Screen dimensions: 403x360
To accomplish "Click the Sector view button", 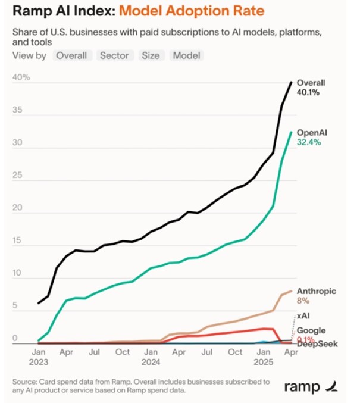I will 114,55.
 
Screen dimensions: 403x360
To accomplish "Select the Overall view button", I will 71,55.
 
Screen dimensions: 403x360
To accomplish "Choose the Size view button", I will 151,55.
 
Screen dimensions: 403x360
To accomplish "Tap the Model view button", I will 187,55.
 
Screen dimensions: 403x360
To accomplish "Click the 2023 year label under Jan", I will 39,361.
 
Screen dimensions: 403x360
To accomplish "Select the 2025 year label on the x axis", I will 263,361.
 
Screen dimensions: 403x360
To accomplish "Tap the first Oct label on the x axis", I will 122,352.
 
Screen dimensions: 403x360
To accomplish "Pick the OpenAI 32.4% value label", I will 309,143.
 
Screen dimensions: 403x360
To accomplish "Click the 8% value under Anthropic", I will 303,301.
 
